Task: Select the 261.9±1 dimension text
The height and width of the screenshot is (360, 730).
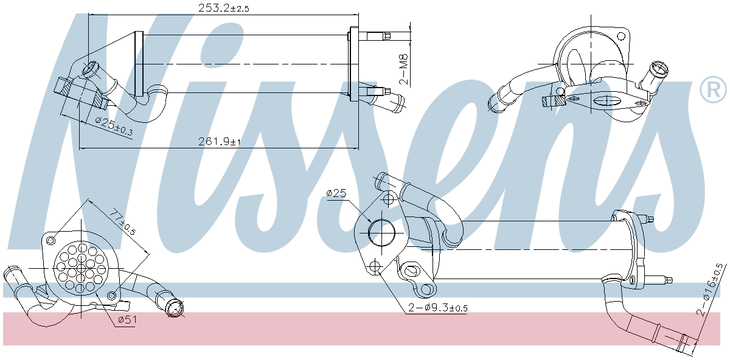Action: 220,142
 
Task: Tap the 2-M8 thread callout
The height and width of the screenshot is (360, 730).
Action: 403,69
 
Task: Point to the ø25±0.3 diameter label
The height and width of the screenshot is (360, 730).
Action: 114,126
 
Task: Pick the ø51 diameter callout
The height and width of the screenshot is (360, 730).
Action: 127,320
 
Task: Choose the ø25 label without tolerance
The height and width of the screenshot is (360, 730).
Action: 336,193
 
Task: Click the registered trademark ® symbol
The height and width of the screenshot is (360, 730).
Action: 713,90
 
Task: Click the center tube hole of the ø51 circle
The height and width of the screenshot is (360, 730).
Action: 80,268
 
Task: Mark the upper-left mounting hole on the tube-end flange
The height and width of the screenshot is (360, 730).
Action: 50,238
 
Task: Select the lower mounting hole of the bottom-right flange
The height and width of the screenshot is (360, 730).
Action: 375,266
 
